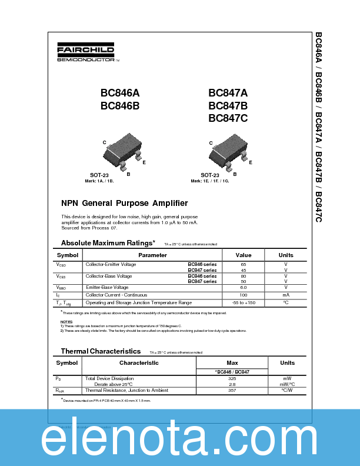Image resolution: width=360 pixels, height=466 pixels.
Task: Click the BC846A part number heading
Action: (x=120, y=93)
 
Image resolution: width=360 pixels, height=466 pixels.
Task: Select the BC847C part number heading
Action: (x=228, y=118)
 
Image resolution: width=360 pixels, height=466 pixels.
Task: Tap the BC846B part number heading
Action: (x=120, y=106)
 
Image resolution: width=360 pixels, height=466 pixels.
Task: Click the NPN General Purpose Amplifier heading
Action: (x=125, y=204)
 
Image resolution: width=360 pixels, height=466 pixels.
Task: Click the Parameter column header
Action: (x=152, y=255)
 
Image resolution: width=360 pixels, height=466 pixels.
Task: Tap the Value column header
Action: (x=244, y=255)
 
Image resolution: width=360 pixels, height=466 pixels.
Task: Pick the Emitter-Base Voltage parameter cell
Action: (x=107, y=288)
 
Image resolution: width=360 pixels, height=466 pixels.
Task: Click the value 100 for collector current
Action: (x=244, y=295)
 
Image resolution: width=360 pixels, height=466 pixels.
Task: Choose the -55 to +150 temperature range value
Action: (x=244, y=302)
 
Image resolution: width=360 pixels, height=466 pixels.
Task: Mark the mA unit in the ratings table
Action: (x=286, y=295)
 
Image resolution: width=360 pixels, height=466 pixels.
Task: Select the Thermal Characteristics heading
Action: (x=101, y=351)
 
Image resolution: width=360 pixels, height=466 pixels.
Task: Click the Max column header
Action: (x=232, y=363)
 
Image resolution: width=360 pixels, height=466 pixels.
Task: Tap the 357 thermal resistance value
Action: (x=232, y=390)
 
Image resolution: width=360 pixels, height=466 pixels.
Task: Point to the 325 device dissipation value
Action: (x=232, y=378)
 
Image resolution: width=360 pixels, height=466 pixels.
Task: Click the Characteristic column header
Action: (x=139, y=363)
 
